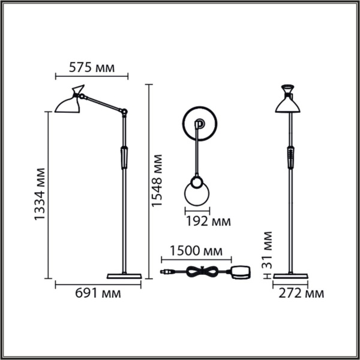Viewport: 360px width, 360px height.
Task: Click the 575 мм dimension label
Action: click(x=91, y=67)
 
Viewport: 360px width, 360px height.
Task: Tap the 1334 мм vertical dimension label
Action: click(x=40, y=195)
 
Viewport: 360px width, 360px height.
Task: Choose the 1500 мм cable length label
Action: click(x=196, y=250)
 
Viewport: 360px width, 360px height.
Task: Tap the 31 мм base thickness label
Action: click(x=268, y=251)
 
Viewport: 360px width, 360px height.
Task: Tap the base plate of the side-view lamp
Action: click(x=124, y=276)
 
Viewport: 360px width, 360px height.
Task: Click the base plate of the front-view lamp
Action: click(x=290, y=276)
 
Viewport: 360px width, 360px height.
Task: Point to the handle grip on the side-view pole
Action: click(x=124, y=157)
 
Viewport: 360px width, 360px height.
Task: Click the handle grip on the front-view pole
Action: click(x=290, y=157)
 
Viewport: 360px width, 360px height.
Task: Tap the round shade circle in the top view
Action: click(x=197, y=194)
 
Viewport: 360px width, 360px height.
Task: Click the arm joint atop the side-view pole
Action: click(x=125, y=111)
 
